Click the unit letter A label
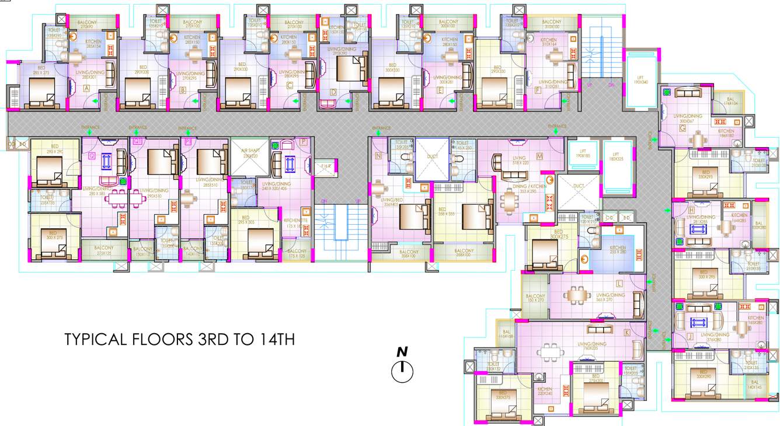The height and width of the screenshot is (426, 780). click(x=87, y=89)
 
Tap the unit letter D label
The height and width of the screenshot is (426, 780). click(x=333, y=92)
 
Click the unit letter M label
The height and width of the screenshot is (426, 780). click(x=539, y=156)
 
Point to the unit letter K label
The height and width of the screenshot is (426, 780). click(x=627, y=332)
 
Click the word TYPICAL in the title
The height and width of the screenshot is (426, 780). click(x=93, y=340)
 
